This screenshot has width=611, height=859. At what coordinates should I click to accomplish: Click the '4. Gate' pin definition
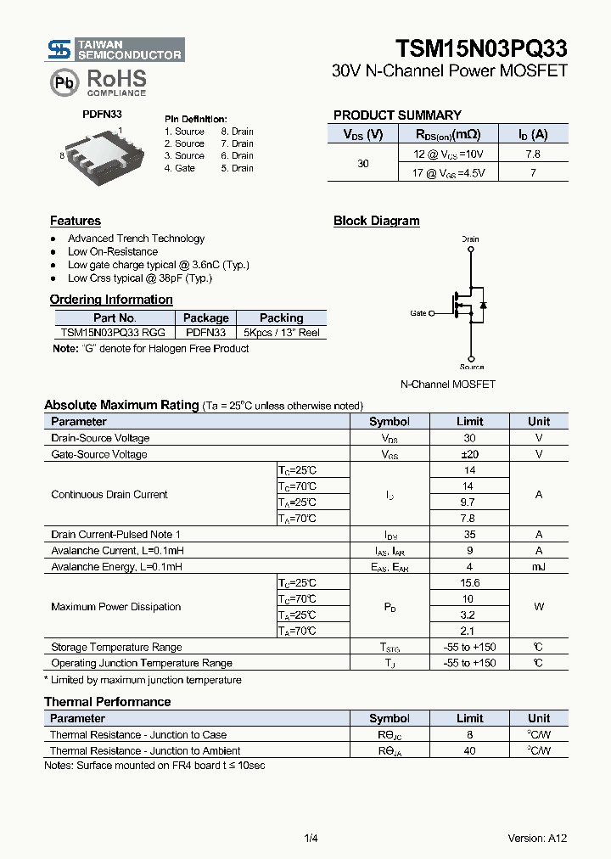coord(180,168)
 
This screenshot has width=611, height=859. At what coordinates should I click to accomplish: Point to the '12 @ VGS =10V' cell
coord(448,154)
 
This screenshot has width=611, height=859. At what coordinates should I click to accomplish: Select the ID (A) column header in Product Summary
coord(533,134)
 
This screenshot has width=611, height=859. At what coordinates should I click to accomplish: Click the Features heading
coord(76,221)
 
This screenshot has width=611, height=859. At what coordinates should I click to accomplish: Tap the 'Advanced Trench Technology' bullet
coord(136,239)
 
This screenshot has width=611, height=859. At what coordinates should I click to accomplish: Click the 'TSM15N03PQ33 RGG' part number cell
coord(113,333)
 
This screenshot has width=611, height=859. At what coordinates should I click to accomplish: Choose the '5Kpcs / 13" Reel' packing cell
coord(281,333)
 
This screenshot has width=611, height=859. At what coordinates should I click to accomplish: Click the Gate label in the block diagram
coord(418,313)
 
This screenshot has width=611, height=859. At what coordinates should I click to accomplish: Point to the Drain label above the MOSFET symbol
coord(470,239)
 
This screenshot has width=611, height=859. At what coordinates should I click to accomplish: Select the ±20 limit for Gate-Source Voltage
coord(469,454)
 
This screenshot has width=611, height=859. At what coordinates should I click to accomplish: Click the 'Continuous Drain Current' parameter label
coord(109,494)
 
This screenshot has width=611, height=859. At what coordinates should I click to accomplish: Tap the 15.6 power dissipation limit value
coord(469,583)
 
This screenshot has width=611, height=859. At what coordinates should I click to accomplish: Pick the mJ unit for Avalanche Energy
coord(538,567)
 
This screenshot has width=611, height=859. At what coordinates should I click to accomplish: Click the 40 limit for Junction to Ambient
coord(469,750)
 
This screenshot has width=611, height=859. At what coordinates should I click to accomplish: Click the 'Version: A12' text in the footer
coord(537,838)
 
